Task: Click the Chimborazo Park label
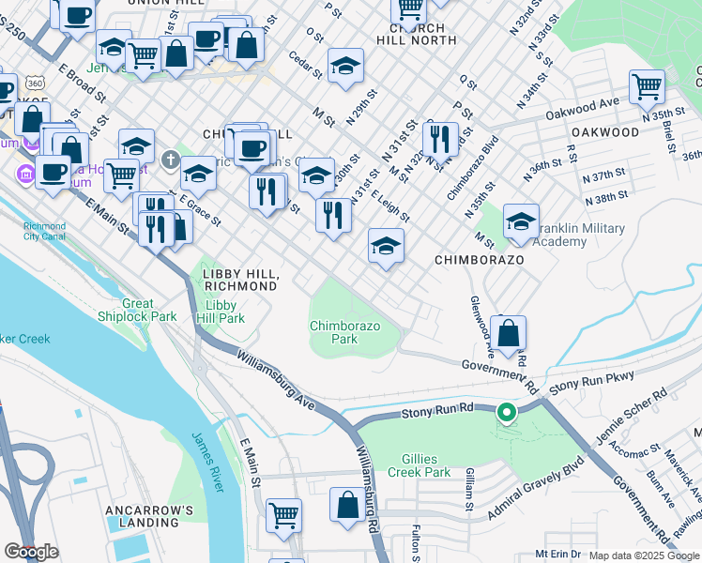pos(345,331)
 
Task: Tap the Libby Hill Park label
pos(220,312)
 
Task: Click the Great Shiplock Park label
pos(150,310)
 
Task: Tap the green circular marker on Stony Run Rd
pos(507,413)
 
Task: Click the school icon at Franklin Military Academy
pos(521,221)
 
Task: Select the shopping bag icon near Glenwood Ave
pos(508,333)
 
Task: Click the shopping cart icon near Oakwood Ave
pos(648,86)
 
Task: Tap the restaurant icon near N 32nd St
pos(439,139)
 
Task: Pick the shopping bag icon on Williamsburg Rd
pos(347,505)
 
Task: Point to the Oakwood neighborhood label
pos(605,132)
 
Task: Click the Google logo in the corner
pos(31,552)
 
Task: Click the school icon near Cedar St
pos(345,66)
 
